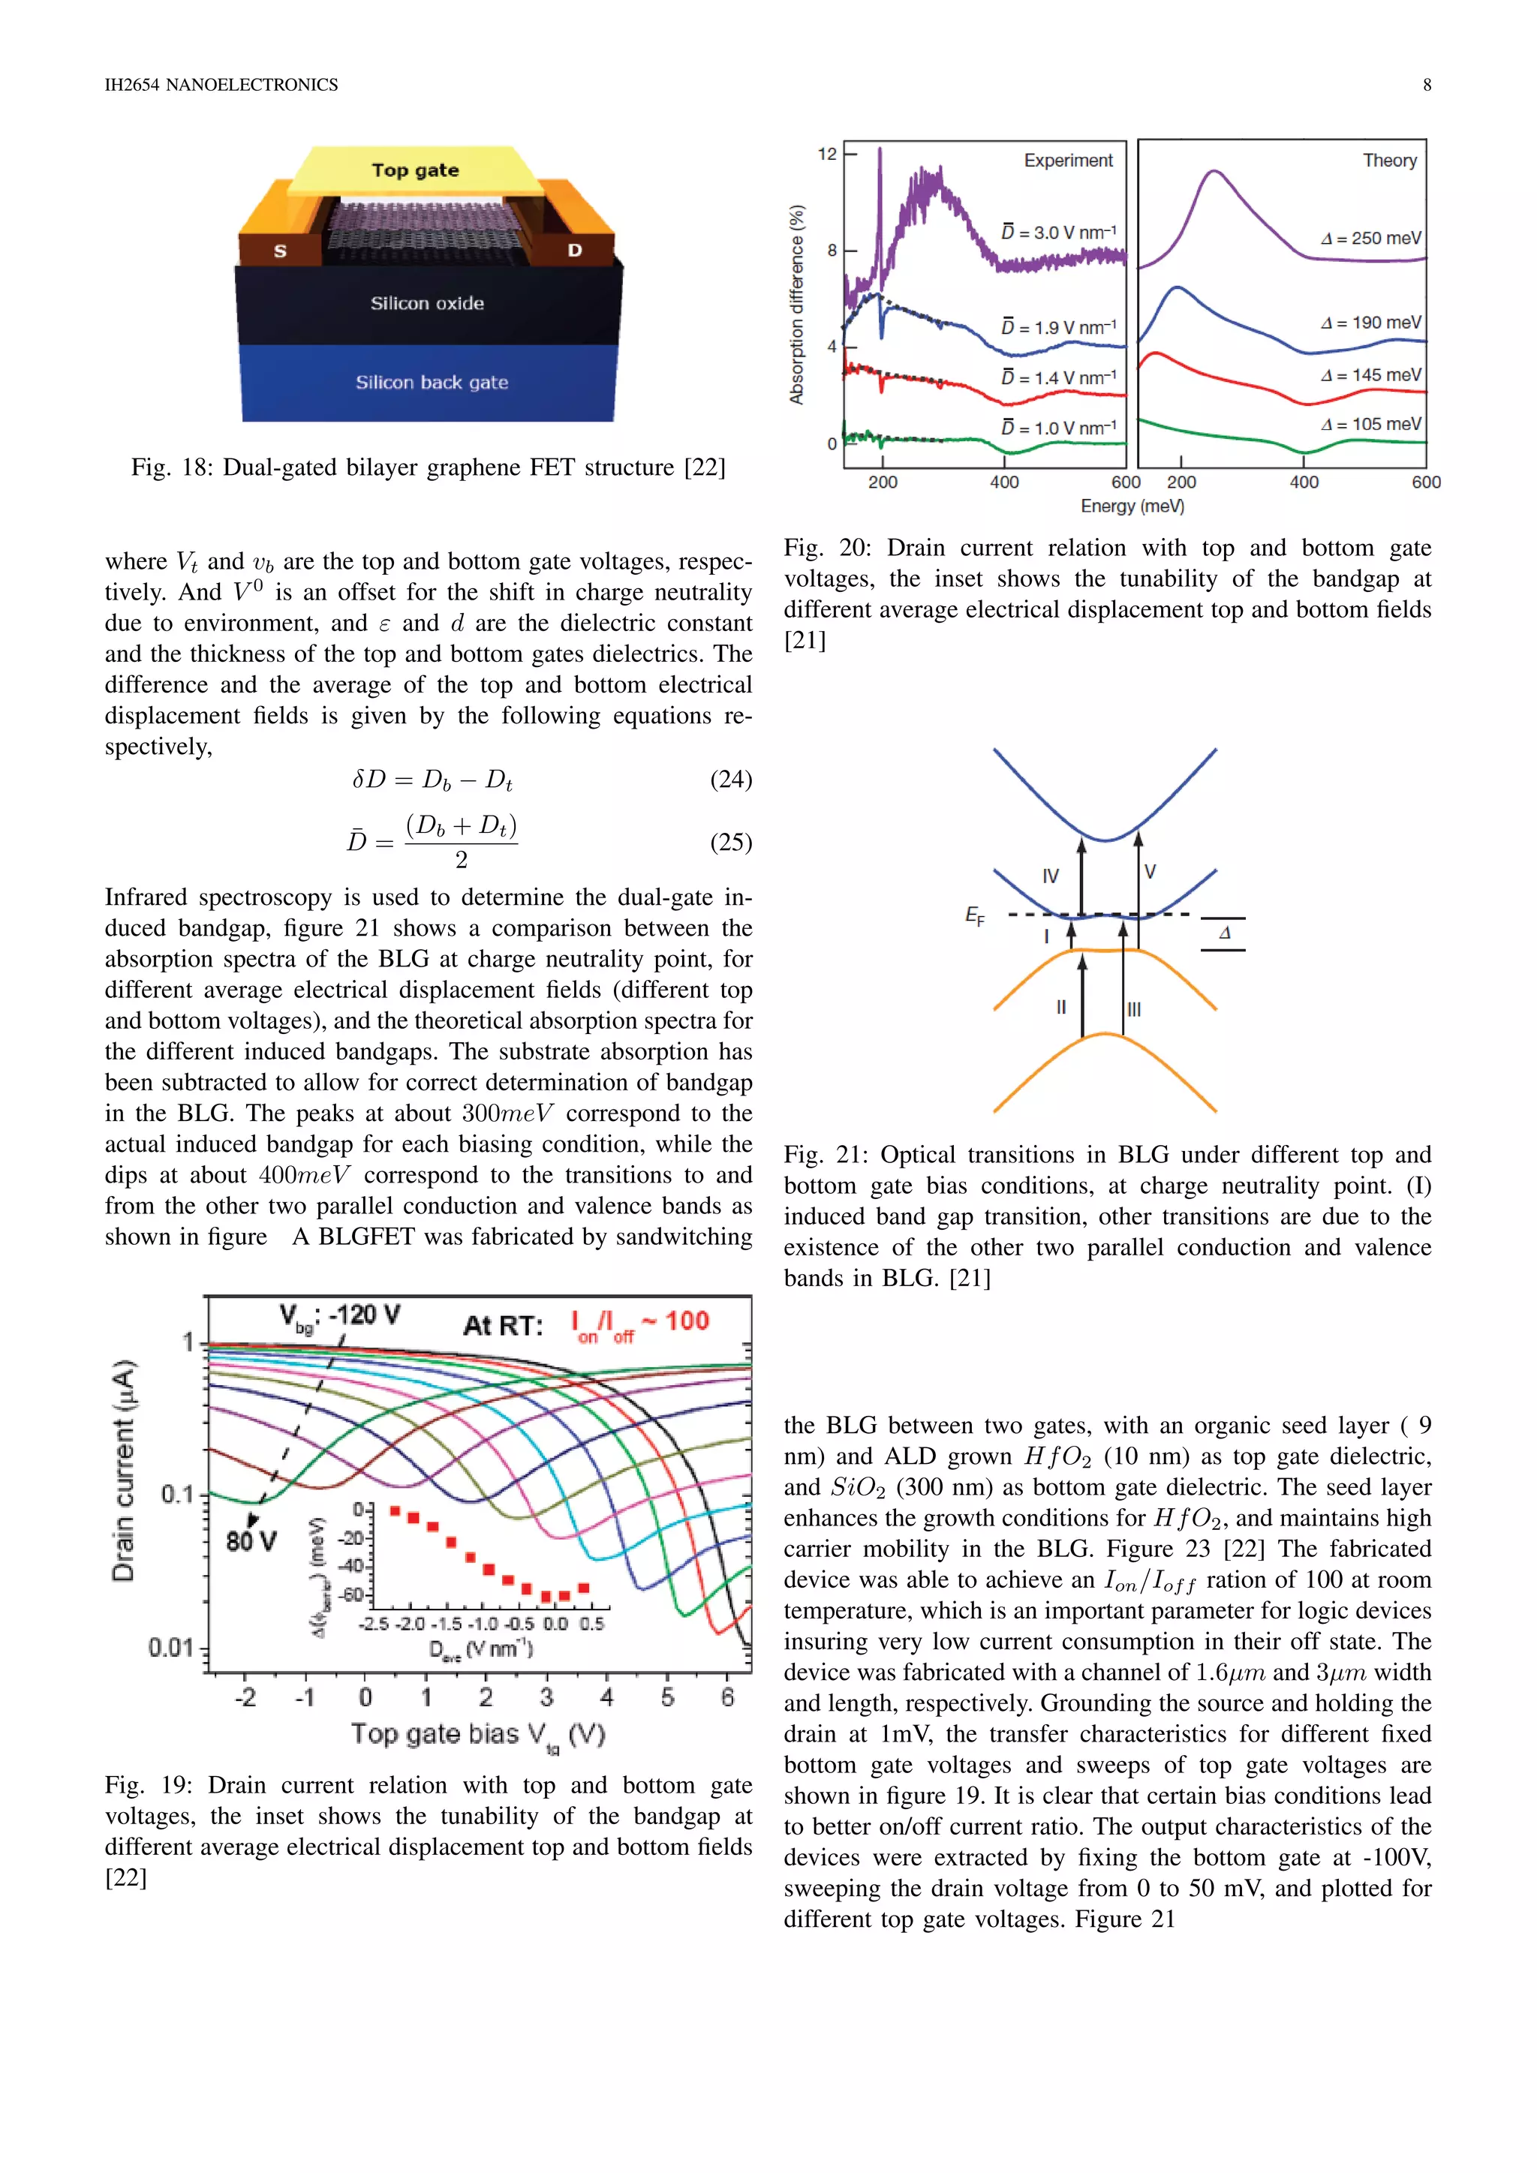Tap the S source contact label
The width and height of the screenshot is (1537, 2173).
click(x=280, y=251)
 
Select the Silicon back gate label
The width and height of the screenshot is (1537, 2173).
click(x=432, y=383)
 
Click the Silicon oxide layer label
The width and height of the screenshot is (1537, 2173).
click(x=427, y=304)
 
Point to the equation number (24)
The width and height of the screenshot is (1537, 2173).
click(x=731, y=779)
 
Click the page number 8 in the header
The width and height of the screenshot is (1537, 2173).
click(x=1426, y=86)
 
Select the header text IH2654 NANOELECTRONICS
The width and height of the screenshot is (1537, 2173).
click(x=221, y=86)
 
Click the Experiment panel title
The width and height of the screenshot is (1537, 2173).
click(x=1068, y=161)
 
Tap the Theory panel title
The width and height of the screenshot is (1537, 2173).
click(x=1388, y=161)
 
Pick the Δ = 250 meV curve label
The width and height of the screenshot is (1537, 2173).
click(x=1370, y=239)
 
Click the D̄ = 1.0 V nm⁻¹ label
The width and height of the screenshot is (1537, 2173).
click(x=1059, y=428)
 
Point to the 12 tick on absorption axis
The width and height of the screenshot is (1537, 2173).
click(x=827, y=155)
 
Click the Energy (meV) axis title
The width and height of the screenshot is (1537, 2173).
click(x=1132, y=506)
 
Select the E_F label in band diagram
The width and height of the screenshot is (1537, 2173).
click(x=975, y=915)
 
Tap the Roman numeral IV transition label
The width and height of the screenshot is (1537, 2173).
click(x=1050, y=876)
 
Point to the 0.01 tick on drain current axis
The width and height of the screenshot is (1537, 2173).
click(x=170, y=1648)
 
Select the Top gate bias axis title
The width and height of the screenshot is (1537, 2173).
click(x=478, y=1735)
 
